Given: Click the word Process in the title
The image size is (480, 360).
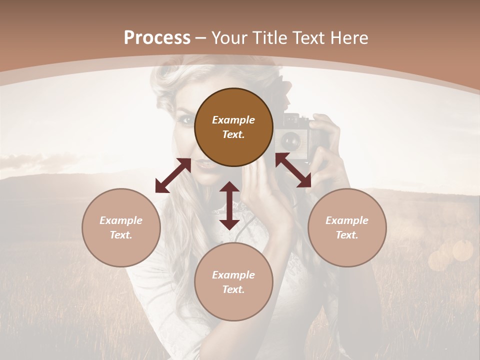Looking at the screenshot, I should click(157, 38).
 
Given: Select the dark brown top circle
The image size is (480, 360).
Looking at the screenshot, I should click(233, 127).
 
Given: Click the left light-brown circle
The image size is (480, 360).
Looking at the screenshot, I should click(121, 227).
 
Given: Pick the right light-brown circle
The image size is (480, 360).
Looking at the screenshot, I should click(347, 227).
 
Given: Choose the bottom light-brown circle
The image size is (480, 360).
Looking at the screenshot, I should click(233, 282).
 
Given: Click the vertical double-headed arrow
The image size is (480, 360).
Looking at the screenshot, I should click(229, 205).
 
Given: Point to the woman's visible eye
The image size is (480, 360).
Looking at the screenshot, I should click(186, 120).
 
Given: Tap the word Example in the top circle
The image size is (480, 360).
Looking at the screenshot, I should click(233, 120).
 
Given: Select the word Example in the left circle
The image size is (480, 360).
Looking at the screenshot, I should click(121, 220).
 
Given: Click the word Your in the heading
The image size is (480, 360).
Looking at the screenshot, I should click(230, 38).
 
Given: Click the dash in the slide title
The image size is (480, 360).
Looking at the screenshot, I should click(201, 38).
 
